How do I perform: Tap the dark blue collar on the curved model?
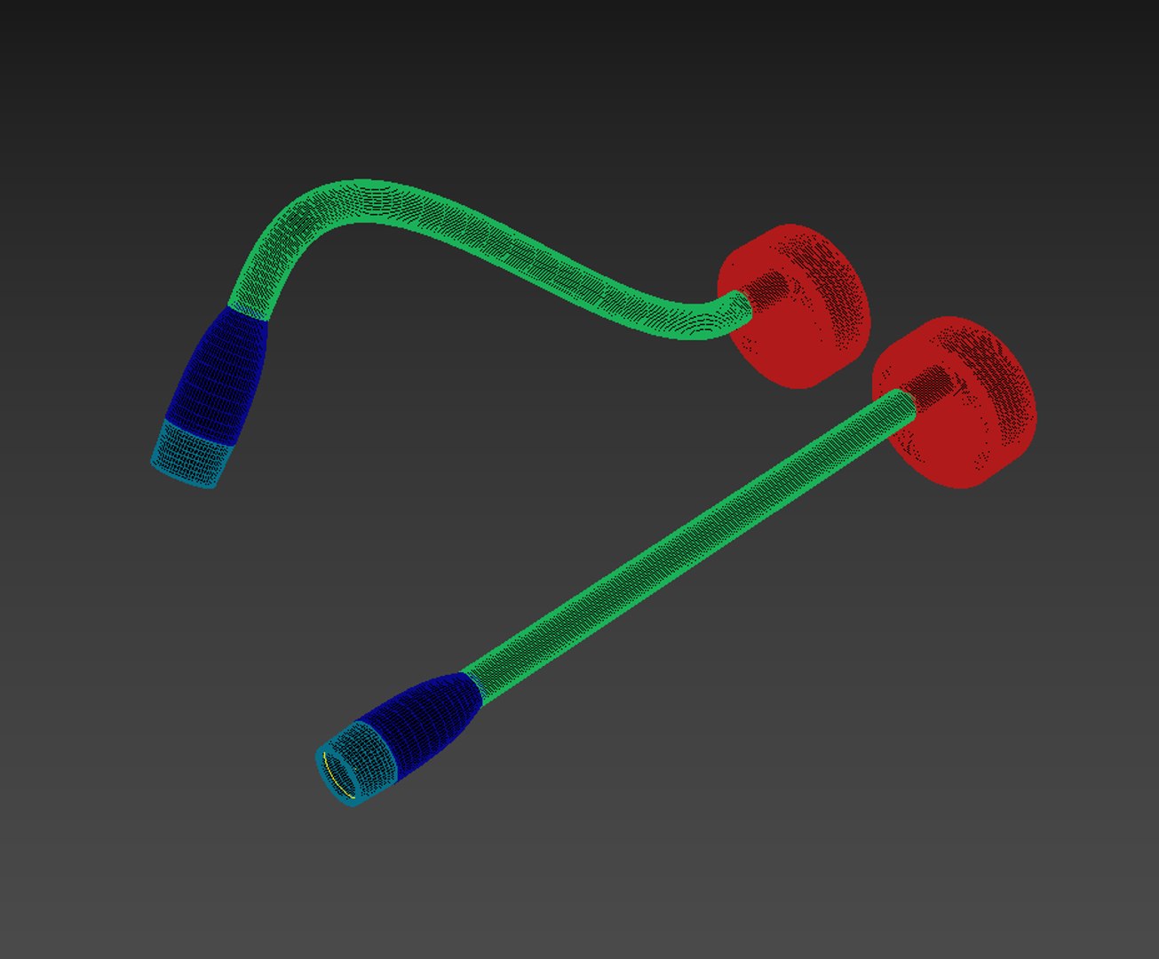(x=222, y=373)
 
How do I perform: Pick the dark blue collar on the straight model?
(x=426, y=719)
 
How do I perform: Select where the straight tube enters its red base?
(x=911, y=400)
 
